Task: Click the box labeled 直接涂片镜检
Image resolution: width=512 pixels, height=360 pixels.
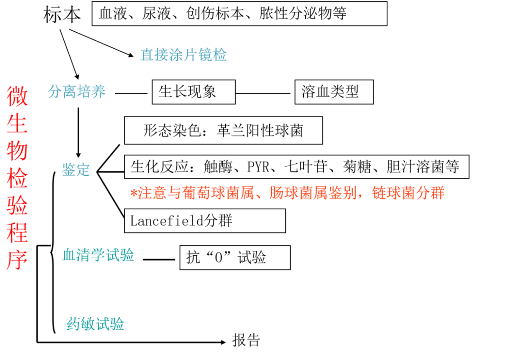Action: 195,55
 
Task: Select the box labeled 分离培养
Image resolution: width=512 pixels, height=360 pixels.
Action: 83,91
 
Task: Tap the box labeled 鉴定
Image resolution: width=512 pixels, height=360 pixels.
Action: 78,170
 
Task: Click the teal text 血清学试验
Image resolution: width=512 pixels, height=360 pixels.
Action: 98,255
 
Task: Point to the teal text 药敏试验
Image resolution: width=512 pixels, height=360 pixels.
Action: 95,324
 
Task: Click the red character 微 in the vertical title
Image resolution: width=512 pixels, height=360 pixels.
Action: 17,96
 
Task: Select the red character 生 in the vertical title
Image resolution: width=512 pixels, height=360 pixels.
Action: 17,124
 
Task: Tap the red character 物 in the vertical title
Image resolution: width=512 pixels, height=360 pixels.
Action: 17,151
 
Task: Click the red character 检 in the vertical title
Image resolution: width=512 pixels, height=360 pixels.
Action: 17,178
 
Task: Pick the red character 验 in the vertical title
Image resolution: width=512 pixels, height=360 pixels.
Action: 17,205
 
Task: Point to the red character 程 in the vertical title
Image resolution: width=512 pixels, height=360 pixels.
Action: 17,233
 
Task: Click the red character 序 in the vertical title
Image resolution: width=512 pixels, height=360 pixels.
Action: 17,260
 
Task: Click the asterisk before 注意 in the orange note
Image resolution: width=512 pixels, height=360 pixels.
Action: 134,193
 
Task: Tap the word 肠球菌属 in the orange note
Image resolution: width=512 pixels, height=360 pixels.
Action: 298,193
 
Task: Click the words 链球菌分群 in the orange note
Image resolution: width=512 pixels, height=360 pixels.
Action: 408,193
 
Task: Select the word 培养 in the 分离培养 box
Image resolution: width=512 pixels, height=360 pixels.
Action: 91,91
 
